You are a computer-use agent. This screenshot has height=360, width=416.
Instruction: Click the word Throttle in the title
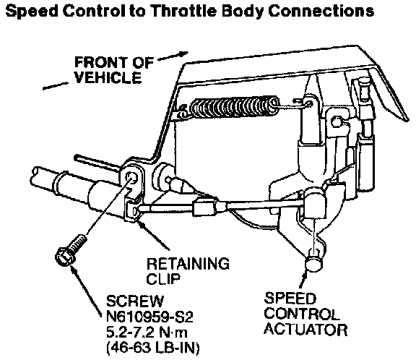184,11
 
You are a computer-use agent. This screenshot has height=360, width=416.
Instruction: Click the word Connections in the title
321,11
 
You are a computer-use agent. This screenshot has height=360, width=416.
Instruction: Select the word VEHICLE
108,77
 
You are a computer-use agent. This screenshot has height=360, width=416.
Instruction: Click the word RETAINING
188,264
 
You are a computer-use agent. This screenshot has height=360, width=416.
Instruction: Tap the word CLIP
163,279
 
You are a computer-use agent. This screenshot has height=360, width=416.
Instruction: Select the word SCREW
135,301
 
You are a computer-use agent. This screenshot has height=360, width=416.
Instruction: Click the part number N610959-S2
149,317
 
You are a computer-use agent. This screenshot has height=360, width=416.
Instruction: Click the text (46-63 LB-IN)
153,348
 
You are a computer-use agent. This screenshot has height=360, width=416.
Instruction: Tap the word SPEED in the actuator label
290,298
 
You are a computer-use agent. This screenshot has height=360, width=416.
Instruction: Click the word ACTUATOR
305,330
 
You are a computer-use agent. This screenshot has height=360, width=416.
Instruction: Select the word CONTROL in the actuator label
302,314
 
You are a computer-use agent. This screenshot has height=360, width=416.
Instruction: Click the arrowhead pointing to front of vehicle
183,53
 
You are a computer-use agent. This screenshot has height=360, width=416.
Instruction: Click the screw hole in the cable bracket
131,177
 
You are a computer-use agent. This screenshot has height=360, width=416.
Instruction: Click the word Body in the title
243,11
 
